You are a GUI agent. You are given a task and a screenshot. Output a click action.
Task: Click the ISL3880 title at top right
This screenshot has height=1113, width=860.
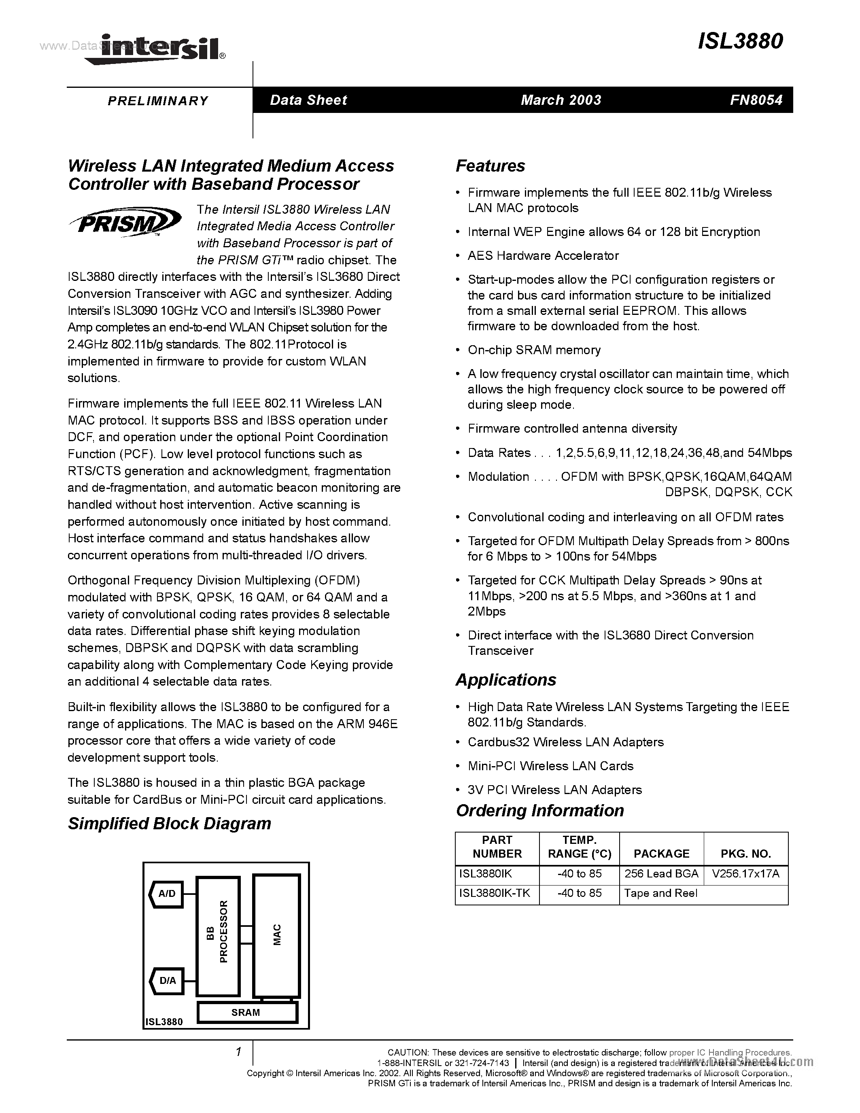point(740,41)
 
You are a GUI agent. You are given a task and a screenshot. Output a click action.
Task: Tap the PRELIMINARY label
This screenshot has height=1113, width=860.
point(158,100)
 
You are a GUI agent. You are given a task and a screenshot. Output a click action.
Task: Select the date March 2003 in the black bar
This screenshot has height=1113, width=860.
point(561,100)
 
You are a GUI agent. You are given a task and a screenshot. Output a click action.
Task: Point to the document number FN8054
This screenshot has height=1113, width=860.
point(756,100)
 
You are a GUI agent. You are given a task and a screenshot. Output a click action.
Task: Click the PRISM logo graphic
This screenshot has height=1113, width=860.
point(125,221)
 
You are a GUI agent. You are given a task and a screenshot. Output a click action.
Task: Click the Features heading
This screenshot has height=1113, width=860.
point(490,166)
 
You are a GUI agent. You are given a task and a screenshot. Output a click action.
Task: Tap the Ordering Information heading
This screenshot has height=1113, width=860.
point(539,810)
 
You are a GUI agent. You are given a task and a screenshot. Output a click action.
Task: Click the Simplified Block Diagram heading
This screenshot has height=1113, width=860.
point(169,824)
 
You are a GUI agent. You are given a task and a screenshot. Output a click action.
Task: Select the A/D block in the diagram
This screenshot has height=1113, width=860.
point(166,893)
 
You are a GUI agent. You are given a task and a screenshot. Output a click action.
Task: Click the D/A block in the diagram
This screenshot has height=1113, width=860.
point(166,980)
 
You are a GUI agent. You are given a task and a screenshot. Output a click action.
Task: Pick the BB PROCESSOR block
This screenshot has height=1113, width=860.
point(218,936)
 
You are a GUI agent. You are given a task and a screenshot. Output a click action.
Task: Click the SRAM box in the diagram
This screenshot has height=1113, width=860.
point(246,1012)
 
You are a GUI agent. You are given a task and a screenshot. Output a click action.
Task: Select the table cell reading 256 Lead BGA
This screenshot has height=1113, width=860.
point(661,873)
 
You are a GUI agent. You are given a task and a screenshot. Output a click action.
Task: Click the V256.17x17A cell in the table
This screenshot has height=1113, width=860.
point(745,873)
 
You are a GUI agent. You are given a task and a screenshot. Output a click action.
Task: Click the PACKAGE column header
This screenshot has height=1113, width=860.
point(661,853)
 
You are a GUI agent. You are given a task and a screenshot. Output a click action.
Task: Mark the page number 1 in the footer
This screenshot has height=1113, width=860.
point(238,1051)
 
